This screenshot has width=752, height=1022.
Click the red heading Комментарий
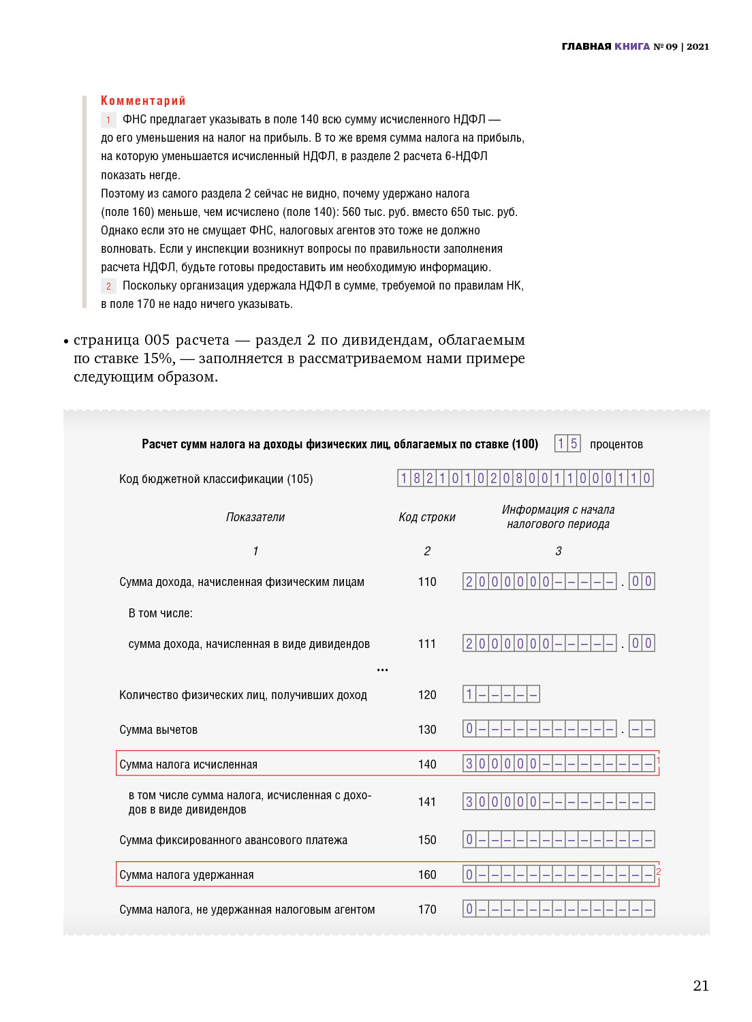[143, 101]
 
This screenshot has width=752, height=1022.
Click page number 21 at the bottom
[701, 985]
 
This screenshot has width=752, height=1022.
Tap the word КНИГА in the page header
[632, 46]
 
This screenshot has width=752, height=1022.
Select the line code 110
[427, 582]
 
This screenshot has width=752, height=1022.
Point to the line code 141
[427, 802]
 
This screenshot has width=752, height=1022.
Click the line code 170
[427, 910]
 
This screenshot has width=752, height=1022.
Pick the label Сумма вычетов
[158, 730]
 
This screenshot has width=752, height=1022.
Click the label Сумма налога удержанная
[187, 875]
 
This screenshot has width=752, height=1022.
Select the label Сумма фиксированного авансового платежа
[233, 840]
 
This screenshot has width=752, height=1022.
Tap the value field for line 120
[501, 694]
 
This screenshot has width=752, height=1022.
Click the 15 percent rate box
[567, 444]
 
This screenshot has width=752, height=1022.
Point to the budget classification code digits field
[525, 478]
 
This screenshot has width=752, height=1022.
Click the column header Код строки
[427, 517]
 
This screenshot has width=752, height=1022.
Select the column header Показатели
[255, 517]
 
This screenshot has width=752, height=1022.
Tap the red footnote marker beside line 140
[658, 760]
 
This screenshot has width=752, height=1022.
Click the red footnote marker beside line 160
[658, 871]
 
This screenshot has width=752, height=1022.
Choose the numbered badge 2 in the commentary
[108, 286]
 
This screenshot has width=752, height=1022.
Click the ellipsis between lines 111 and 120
[383, 670]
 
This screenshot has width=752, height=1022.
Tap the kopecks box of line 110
[642, 581]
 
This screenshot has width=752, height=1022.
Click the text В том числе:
[161, 613]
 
